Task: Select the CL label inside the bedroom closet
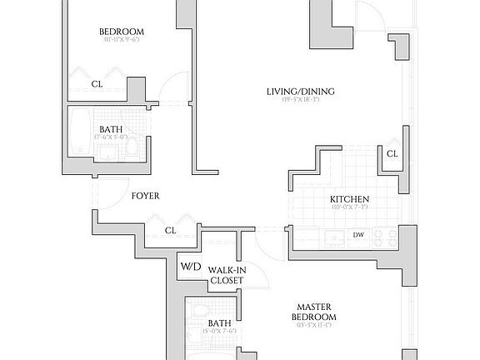pos(97,83)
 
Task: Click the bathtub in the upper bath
pos(81,134)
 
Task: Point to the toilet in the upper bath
pos(131,147)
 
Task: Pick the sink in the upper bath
pos(107,152)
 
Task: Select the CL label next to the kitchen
pos(392,154)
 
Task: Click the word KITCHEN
pos(348,199)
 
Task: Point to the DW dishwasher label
pos(358,235)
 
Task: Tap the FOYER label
pos(145,196)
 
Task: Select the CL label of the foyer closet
pos(170,230)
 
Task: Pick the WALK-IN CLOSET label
pos(225,275)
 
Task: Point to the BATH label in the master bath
pos(219,322)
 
